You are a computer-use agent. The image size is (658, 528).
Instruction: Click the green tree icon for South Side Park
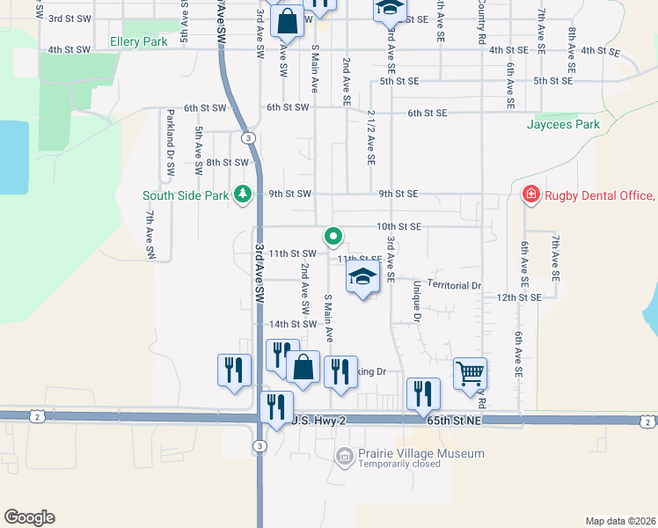tap(243, 194)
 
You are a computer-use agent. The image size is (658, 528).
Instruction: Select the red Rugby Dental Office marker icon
tap(530, 194)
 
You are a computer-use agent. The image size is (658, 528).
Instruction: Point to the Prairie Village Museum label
tap(421, 453)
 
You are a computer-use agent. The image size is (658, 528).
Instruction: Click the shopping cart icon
tap(470, 372)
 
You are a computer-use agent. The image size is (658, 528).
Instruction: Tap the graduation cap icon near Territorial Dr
tap(362, 277)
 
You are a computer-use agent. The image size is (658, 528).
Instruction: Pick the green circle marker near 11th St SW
tap(333, 236)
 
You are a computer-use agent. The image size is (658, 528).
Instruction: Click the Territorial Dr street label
tap(455, 285)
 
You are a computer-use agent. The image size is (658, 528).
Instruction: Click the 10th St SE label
tap(399, 226)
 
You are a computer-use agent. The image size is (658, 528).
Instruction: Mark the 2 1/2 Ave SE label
tap(372, 137)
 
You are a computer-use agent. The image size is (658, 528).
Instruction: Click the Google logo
tap(29, 517)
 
